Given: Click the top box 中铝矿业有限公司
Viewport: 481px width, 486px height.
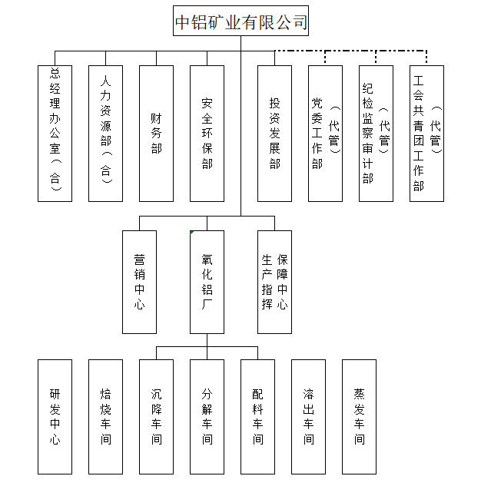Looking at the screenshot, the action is [x=240, y=21].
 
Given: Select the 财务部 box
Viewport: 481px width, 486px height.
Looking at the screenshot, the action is [x=156, y=134].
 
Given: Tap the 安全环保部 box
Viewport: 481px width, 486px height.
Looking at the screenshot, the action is [x=207, y=134].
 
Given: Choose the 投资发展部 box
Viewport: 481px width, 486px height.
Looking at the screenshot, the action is [x=275, y=134].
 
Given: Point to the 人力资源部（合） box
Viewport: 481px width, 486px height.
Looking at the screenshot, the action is [x=106, y=134].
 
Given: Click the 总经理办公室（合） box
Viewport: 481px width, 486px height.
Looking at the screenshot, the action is [x=55, y=134].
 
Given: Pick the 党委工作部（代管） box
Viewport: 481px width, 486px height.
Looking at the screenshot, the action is [x=325, y=134].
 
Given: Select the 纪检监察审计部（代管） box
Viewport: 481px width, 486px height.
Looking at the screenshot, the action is [x=377, y=134].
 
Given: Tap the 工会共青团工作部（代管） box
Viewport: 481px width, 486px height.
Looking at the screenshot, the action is [x=426, y=134].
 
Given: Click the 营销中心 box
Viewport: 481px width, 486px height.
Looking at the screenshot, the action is [x=140, y=282].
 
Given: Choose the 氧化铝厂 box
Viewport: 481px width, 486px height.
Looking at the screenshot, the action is [x=207, y=282].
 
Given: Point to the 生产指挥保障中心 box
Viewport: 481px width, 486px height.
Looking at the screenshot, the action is [x=275, y=282].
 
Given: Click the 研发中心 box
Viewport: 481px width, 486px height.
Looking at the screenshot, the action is [x=55, y=417].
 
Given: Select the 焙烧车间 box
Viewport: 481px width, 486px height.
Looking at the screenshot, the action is [x=106, y=417].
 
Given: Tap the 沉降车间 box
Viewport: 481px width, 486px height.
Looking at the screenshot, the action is [x=156, y=417].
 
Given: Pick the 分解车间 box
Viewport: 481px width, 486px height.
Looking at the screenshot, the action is [x=207, y=417].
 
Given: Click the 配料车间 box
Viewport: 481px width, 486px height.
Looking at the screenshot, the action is [x=257, y=417].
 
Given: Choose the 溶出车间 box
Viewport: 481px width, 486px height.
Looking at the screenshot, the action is [x=309, y=417].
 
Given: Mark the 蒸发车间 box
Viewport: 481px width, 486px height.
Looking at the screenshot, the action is [x=359, y=417].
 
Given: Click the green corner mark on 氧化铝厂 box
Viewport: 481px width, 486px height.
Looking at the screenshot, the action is [x=191, y=232].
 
